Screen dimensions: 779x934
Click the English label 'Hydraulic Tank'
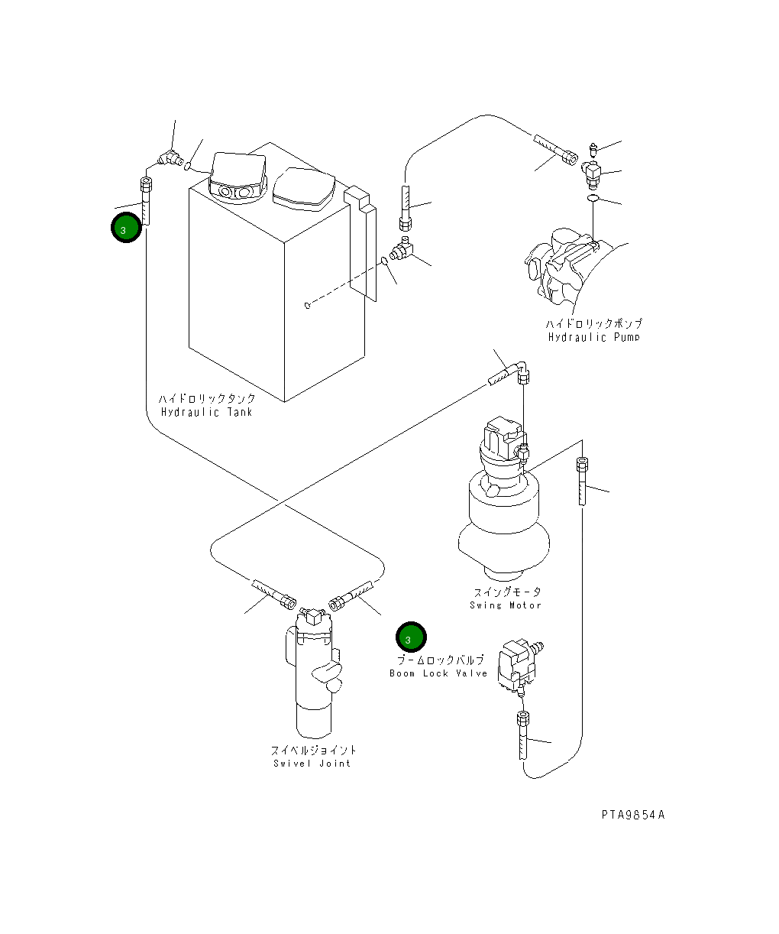(206, 412)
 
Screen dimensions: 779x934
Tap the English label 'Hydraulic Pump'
(593, 337)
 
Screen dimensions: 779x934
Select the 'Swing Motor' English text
(506, 605)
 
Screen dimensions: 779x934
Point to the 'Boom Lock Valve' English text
(438, 673)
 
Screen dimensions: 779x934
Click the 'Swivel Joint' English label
(312, 763)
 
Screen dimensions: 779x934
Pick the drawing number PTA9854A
(633, 815)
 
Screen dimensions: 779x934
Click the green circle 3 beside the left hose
(127, 228)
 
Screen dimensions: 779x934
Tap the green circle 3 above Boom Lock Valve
(411, 637)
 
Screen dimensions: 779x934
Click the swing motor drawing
(504, 499)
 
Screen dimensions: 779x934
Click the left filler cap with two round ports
(238, 177)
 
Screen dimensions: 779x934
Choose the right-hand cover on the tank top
(304, 189)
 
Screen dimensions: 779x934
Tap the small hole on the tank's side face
(307, 306)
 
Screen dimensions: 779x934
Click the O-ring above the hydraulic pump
(593, 198)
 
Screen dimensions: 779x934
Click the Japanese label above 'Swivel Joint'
(314, 750)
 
